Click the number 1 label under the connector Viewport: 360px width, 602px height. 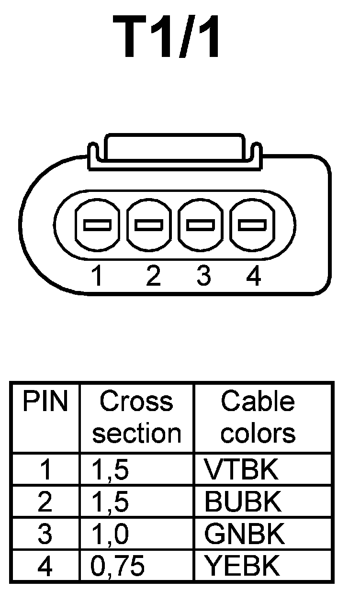point(97,276)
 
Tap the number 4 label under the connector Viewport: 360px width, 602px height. point(253,276)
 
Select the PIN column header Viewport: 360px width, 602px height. point(45,402)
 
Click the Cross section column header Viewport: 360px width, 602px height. point(136,417)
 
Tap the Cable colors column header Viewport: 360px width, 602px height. point(258,417)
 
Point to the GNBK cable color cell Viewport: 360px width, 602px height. point(244,534)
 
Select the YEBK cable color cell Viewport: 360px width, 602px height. point(242,566)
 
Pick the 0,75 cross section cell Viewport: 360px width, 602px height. point(118,567)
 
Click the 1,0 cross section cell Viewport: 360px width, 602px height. point(110,535)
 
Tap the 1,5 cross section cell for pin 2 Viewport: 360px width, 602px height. point(110,502)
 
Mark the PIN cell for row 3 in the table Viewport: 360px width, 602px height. point(45,534)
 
